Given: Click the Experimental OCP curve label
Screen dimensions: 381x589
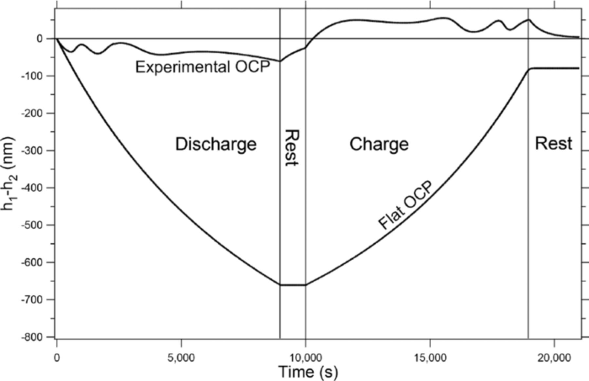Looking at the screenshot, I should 203,67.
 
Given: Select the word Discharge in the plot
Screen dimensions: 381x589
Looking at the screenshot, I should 216,144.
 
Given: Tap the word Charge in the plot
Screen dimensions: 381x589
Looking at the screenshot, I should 379,144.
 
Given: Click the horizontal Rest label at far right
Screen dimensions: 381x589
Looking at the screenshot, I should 553,144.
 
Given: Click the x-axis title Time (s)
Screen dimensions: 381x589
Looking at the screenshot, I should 308,372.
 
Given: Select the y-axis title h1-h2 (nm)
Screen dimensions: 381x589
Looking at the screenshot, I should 9,173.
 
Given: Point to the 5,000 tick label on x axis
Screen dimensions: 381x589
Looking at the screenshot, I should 181,357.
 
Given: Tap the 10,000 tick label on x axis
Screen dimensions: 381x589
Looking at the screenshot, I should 305,357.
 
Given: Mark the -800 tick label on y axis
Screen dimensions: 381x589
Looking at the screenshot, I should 32,337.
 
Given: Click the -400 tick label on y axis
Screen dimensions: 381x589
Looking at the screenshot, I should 32,188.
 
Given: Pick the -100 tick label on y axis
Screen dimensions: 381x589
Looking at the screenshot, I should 32,76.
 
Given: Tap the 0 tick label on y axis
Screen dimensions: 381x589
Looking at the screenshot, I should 40,39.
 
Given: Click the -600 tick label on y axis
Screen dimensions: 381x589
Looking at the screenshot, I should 32,263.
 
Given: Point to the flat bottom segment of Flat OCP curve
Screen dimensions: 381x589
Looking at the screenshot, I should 293,285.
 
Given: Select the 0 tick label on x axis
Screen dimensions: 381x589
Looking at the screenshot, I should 57,357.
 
